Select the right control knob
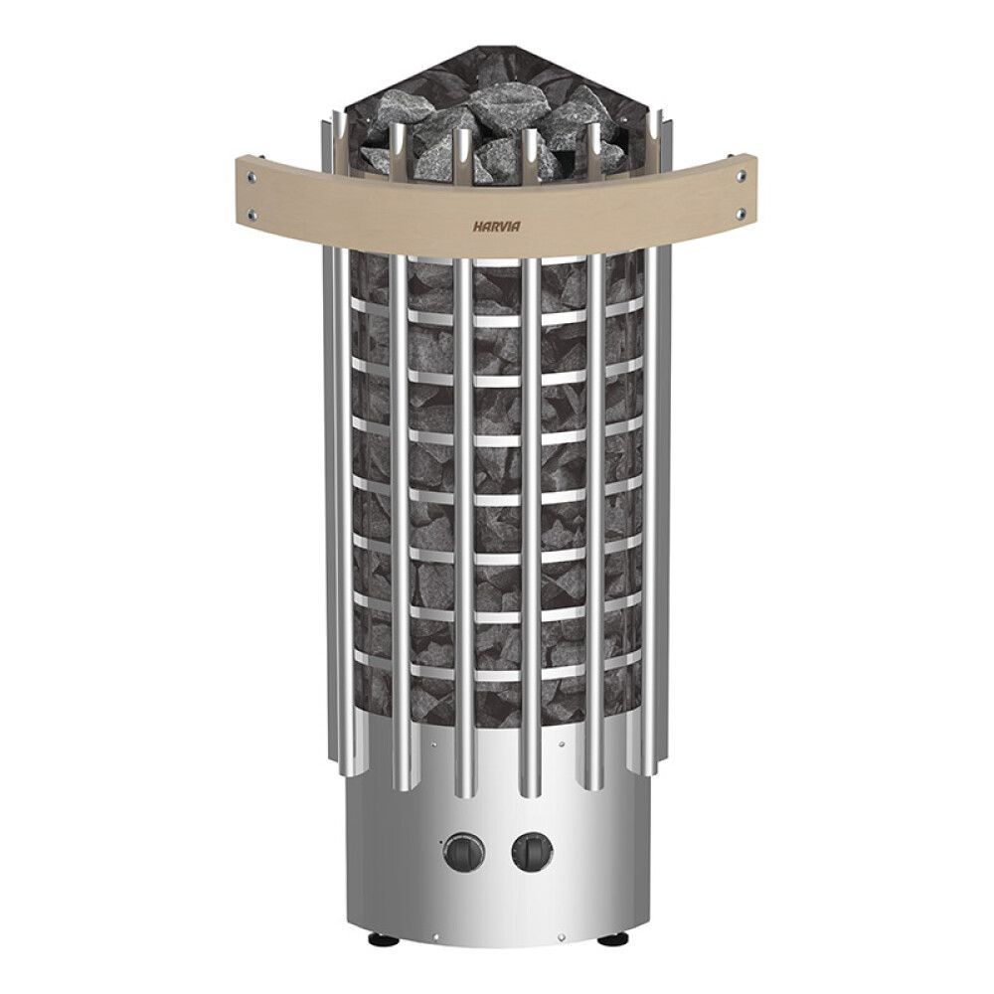coord(531,851)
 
